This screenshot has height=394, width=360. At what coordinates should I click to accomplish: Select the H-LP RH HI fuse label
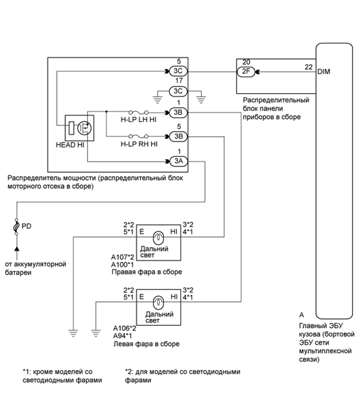click(x=139, y=145)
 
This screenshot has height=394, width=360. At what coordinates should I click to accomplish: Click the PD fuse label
click(x=27, y=226)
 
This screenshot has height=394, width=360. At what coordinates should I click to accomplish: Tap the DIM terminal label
click(x=324, y=72)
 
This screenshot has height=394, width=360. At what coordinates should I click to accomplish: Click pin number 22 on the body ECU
click(x=308, y=66)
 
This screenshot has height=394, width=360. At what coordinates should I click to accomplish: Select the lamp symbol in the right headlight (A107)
click(x=160, y=237)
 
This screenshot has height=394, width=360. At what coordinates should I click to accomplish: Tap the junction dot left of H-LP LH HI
click(x=106, y=111)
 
